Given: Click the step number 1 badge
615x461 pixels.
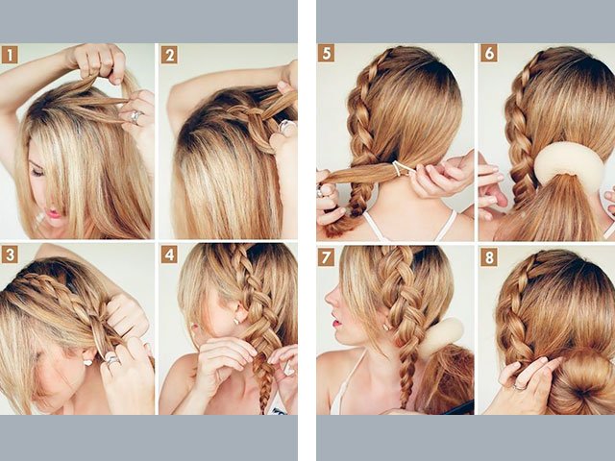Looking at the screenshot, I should coord(10,54).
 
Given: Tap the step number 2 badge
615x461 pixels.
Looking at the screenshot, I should coord(168,54).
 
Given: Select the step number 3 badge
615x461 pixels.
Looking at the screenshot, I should coord(10,255).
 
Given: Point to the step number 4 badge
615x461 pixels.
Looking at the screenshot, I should coord(168,255).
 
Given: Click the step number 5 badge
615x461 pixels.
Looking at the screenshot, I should coord(327,54).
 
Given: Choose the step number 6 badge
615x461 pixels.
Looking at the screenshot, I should coord(488,54).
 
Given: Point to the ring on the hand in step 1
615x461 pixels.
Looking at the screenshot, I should coord(136,116).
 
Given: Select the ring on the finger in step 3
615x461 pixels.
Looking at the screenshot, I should coord(112,361).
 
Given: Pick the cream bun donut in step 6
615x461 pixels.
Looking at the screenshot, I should coord(569,163).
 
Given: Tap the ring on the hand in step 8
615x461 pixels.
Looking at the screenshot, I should coord(520,384).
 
